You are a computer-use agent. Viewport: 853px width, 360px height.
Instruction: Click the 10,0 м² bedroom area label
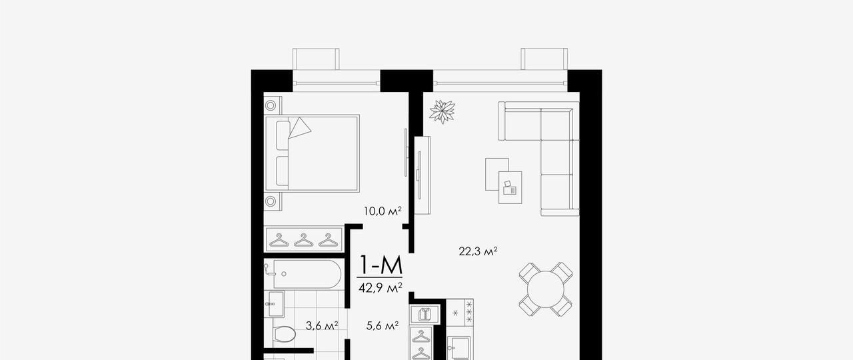383,211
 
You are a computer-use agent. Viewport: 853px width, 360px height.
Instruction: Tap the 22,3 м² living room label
478,251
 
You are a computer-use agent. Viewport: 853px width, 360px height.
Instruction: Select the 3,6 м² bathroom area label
322,326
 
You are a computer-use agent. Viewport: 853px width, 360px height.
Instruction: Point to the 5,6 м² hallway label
383,326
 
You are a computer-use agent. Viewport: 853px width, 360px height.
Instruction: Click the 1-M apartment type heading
381,265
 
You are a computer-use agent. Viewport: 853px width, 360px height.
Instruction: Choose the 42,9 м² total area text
381,287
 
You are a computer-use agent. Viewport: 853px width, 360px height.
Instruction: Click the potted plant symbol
442,111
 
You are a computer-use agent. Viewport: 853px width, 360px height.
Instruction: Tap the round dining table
545,289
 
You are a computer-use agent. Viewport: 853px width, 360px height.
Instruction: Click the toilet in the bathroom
284,335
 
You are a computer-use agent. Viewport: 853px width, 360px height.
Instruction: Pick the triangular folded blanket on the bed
300,127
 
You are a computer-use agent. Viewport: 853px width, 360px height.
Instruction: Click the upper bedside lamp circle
271,105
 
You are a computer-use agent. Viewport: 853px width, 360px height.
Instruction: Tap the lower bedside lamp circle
271,201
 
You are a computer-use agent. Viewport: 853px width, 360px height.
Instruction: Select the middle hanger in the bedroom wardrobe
304,240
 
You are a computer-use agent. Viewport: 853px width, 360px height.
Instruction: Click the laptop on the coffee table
509,189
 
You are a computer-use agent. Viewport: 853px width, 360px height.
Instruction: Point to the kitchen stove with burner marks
460,313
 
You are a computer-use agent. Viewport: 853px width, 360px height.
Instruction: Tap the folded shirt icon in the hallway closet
425,315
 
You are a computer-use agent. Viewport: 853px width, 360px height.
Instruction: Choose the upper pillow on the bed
283,135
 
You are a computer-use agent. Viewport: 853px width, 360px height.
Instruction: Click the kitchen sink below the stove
460,348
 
